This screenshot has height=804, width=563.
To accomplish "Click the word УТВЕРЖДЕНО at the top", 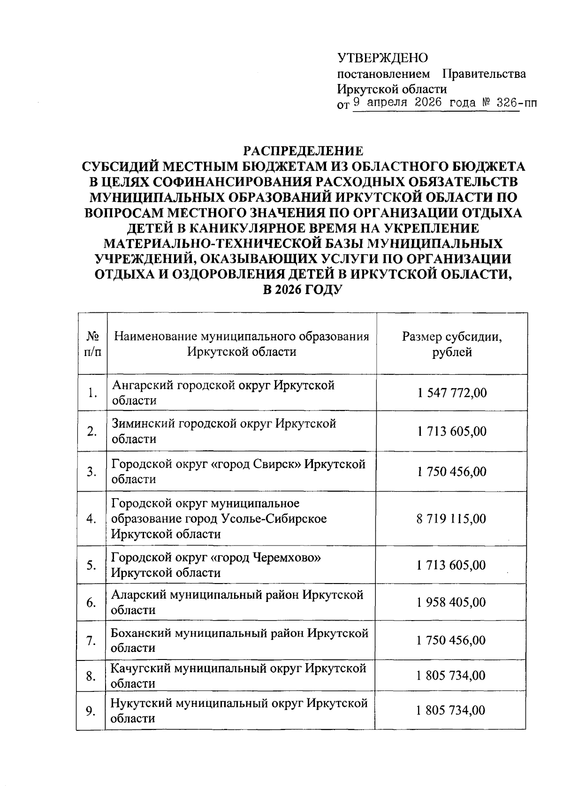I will (383, 58).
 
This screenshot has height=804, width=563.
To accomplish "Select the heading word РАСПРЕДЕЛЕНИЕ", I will (303, 151).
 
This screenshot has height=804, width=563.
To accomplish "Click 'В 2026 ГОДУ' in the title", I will (303, 289).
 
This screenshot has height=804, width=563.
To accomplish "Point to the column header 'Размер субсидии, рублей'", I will (452, 344).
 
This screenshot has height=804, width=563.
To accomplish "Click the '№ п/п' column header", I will (92, 344).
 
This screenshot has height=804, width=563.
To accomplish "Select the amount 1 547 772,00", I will (452, 393).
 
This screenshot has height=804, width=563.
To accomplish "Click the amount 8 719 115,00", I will (451, 519).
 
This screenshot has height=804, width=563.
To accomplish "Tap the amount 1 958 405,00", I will (451, 602).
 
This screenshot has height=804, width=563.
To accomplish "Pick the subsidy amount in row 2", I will (452, 431).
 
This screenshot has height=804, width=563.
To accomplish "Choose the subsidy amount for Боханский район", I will (451, 640).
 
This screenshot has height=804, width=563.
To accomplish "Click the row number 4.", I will (91, 519).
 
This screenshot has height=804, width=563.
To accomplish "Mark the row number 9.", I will (91, 711).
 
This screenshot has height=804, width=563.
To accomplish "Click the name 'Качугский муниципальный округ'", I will (206, 668).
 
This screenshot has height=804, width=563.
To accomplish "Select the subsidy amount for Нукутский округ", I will (450, 711).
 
